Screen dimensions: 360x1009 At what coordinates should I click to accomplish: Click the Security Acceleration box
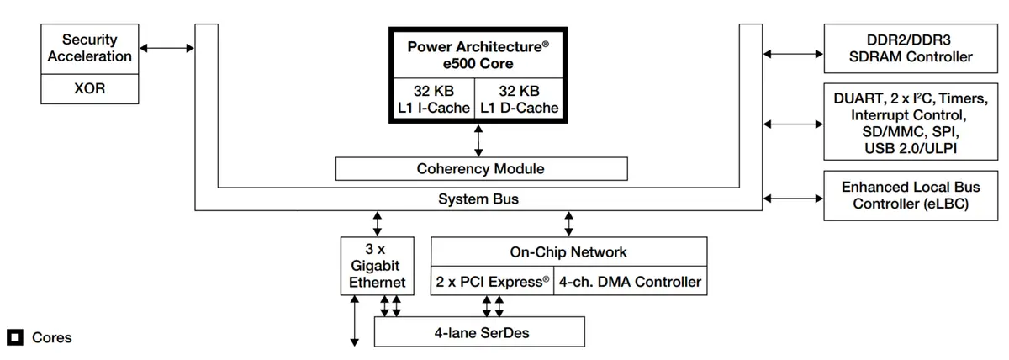coord(90,48)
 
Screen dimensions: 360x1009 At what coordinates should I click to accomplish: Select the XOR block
coord(90,88)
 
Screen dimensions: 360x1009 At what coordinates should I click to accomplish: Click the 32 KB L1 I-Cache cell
coord(433,99)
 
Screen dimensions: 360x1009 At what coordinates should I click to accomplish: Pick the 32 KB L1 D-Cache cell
coord(519,99)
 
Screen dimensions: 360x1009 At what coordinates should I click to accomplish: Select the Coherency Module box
coord(481,168)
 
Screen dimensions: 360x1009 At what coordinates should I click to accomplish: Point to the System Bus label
coord(478,199)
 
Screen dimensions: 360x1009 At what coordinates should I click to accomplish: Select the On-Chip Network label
coord(568,252)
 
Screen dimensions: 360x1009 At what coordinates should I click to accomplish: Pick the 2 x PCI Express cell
coord(492,282)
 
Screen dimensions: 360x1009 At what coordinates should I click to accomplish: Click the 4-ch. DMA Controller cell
coord(630,282)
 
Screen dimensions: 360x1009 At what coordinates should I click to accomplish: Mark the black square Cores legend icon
coord(15,337)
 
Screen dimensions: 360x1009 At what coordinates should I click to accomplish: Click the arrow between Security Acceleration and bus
coord(166,48)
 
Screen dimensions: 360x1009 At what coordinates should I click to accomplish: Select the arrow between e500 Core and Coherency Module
coord(478,140)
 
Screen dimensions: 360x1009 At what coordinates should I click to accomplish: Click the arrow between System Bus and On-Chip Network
coord(568,223)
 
